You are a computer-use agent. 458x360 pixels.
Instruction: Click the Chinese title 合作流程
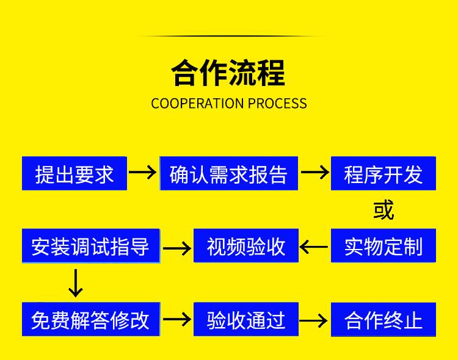228,73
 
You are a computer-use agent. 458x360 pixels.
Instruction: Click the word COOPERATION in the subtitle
197,103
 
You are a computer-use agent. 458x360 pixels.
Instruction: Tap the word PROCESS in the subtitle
277,103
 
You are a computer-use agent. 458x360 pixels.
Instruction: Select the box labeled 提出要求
75,174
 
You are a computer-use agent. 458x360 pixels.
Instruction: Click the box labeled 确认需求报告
228,174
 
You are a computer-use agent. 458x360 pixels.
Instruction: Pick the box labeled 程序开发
383,174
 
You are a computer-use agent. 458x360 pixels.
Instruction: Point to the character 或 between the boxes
383,209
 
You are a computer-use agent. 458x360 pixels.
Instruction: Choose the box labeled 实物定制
383,246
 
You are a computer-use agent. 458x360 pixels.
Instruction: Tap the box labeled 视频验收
246,246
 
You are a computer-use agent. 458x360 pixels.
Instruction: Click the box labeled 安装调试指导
90,246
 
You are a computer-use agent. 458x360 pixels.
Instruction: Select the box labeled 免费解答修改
90,319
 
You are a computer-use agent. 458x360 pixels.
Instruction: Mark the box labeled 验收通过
246,319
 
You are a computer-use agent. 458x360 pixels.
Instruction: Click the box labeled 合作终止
383,319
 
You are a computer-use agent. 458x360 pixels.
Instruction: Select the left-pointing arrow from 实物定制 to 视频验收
314,247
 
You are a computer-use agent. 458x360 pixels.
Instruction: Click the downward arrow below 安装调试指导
75,283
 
